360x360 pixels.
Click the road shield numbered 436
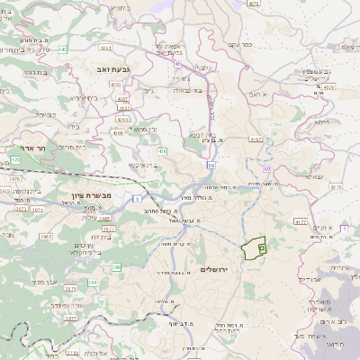162,151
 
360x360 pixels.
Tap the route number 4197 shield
256,139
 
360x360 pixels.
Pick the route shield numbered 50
210,166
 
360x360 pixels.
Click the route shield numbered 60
266,168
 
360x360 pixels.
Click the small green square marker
262,247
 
